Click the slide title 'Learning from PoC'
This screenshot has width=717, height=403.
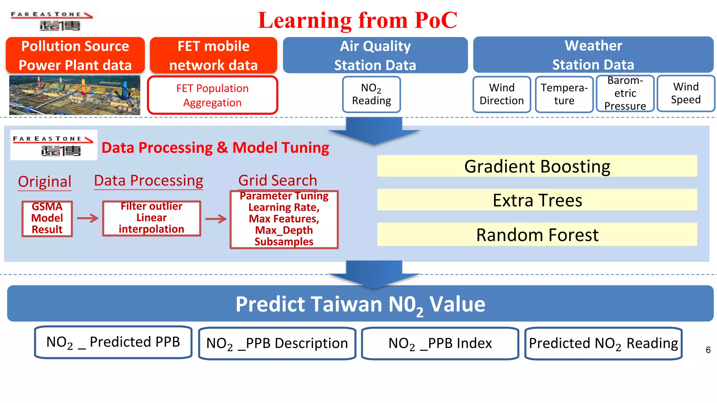pos(357,20)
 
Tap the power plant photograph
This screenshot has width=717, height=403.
pos(75,95)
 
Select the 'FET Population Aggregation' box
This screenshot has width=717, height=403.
pos(213,95)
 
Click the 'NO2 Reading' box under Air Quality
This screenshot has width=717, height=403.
pos(371,94)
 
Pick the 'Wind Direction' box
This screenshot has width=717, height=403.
pos(501,94)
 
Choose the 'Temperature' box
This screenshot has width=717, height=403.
pos(564,94)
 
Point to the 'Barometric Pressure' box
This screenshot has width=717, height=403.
pos(625,93)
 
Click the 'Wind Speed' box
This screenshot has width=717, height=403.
pos(685,93)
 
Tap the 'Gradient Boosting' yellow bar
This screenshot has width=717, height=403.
pos(537,166)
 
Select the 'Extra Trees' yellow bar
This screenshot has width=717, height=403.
pos(537,200)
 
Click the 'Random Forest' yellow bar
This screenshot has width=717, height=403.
pos(537,234)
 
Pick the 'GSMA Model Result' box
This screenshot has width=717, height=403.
pos(47,219)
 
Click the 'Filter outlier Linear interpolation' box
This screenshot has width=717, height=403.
pos(152,218)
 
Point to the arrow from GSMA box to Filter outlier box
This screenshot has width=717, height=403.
pos(88,218)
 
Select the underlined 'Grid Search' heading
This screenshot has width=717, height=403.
pos(278,181)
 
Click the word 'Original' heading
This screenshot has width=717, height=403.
pos(45,182)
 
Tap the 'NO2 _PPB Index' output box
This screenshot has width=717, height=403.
pos(440,343)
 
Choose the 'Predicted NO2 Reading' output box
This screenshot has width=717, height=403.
pos(603,343)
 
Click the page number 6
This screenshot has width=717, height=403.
pos(708,350)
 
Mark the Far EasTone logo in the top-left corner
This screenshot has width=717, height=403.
pos(51,20)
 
